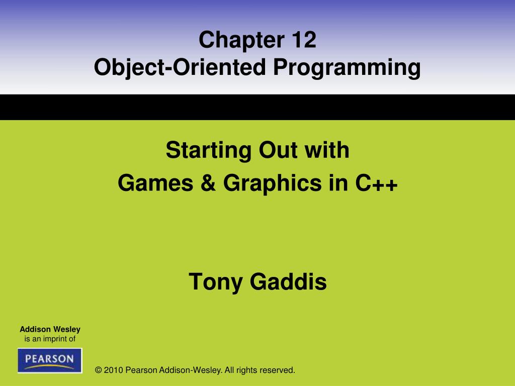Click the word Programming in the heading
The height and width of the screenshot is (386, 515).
point(347,68)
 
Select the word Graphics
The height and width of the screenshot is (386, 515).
point(272,184)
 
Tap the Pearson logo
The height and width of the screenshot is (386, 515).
point(49,360)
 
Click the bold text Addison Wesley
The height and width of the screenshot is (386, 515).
point(50,330)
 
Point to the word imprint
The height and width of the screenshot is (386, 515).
point(56,339)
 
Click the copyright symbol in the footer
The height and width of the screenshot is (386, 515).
point(99,370)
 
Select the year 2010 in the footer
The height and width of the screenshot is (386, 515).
point(114,370)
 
